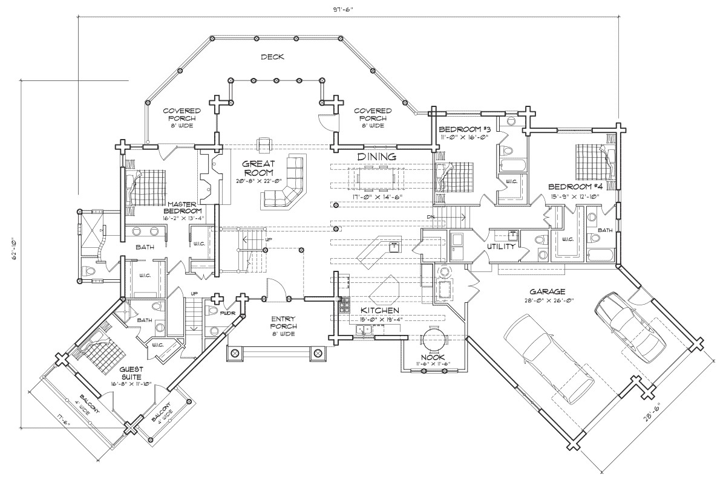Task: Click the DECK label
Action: point(272,57)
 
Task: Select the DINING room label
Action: point(376,157)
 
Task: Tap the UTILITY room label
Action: point(501,247)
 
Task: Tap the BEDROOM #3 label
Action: point(464,129)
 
